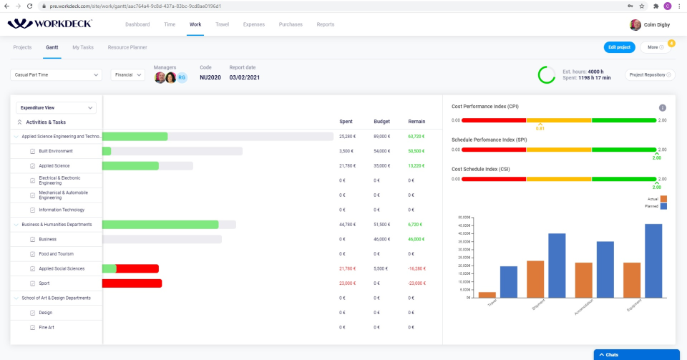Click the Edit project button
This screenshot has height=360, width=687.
click(618, 47)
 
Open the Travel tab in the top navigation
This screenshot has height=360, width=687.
click(222, 24)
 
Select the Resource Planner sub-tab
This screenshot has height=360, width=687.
click(127, 47)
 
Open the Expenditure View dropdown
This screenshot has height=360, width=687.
click(57, 107)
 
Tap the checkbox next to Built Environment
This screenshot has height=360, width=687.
click(32, 151)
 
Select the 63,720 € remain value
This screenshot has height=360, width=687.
click(416, 136)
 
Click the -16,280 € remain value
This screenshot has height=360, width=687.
click(416, 268)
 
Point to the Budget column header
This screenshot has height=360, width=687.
click(381, 122)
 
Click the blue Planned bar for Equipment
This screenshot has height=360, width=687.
click(653, 261)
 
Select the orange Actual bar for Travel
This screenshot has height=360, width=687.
click(487, 294)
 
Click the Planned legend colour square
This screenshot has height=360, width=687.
click(663, 206)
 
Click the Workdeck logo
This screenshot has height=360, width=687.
click(49, 24)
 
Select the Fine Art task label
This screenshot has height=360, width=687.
click(46, 327)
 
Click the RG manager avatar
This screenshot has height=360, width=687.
click(182, 77)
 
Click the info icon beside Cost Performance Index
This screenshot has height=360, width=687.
click(662, 107)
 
